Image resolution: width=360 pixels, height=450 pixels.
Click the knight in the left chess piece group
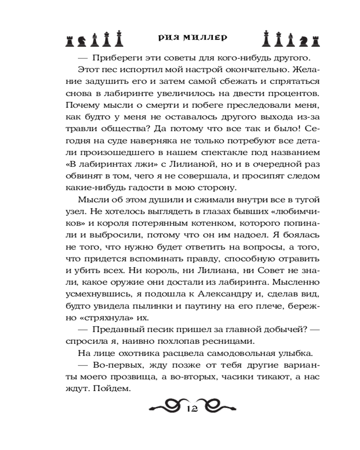(81, 40)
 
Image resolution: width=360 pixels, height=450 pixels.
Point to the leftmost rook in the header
(69, 40)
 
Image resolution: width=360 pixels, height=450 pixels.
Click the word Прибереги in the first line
(113, 58)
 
